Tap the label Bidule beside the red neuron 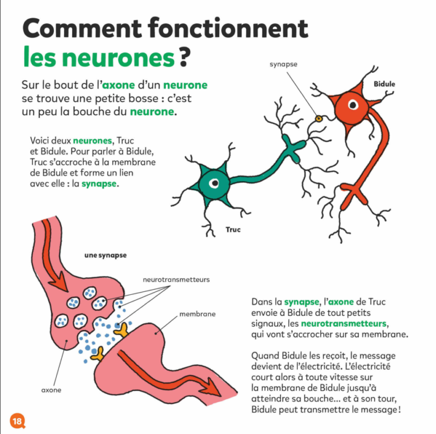pos(384,84)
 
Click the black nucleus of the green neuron pos(213,183)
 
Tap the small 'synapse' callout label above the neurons pos(283,65)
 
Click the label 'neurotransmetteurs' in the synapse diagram pos(169,279)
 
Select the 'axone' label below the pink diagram pos(51,390)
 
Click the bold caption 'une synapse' pos(106,256)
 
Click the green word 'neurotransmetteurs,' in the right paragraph pos(343,323)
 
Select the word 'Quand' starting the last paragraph pos(265,355)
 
